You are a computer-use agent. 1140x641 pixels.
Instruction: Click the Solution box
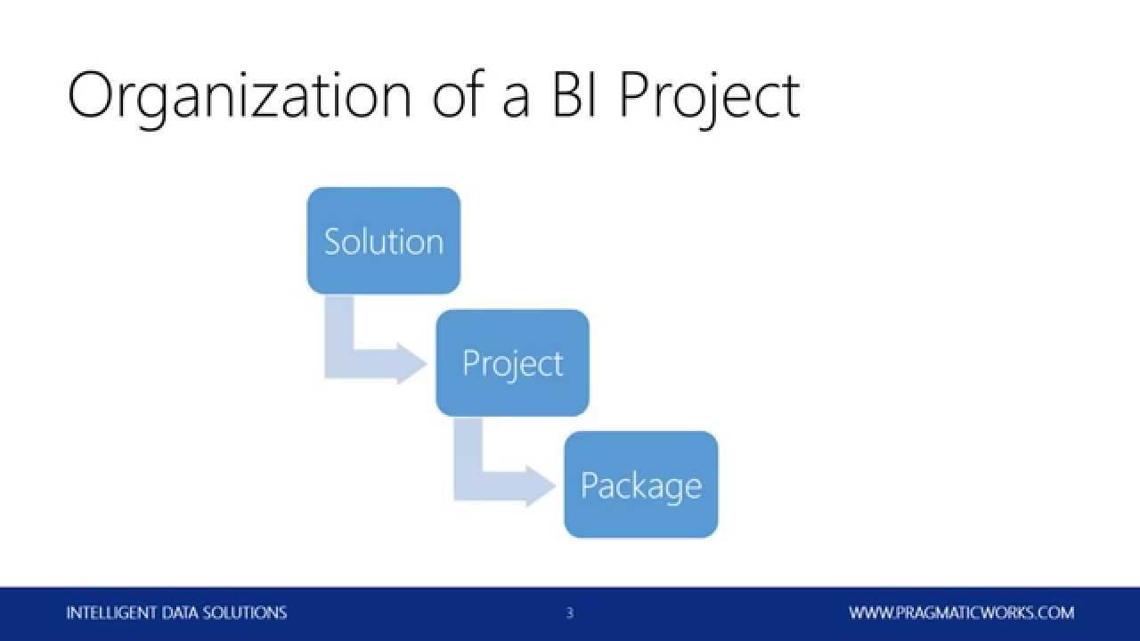point(383,240)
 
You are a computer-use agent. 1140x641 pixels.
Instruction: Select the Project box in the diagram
point(512,362)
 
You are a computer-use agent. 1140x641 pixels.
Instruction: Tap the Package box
point(640,484)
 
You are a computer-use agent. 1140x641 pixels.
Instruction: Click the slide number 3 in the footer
point(569,613)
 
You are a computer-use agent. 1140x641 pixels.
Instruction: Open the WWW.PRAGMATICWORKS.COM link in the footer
point(961,613)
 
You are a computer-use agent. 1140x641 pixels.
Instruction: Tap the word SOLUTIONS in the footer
point(247,613)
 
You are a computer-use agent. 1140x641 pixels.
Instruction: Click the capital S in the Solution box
point(333,241)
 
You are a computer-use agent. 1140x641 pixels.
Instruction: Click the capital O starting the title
point(92,96)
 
